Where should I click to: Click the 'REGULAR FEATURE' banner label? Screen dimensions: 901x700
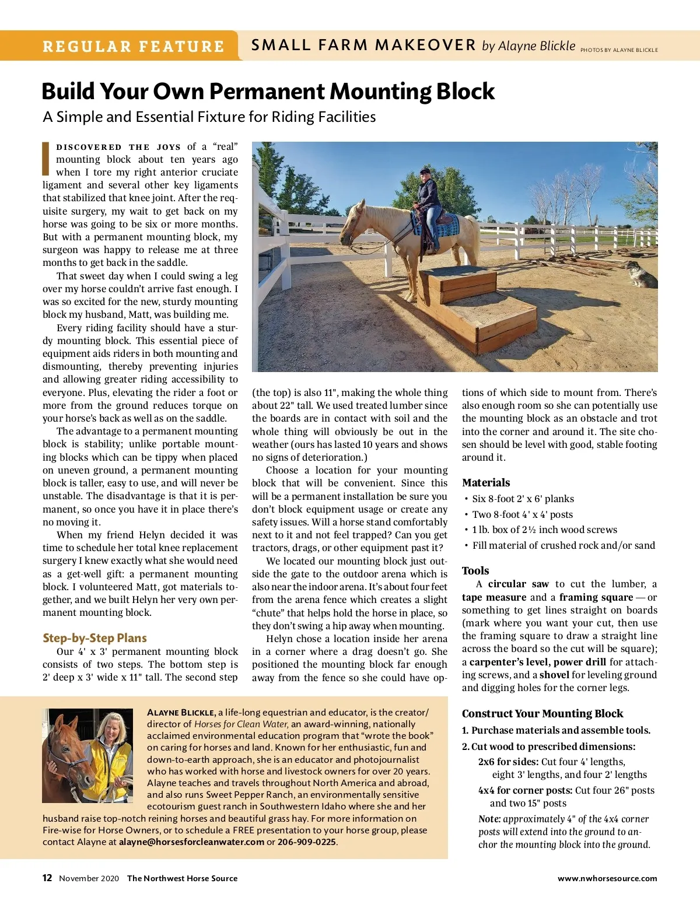tap(133, 46)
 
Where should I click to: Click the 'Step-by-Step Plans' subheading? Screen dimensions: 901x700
tap(94, 637)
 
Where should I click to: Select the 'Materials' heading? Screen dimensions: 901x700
tap(485, 482)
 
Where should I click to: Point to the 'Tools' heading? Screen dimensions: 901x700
tap(475, 570)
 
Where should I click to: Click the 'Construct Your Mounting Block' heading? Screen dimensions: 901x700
tap(542, 713)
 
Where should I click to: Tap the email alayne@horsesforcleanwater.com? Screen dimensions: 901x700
tap(191, 842)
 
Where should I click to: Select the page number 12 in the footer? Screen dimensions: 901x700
tap(47, 878)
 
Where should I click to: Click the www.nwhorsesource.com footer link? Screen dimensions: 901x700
tap(607, 878)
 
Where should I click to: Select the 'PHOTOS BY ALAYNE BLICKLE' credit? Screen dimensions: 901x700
tap(619, 50)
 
